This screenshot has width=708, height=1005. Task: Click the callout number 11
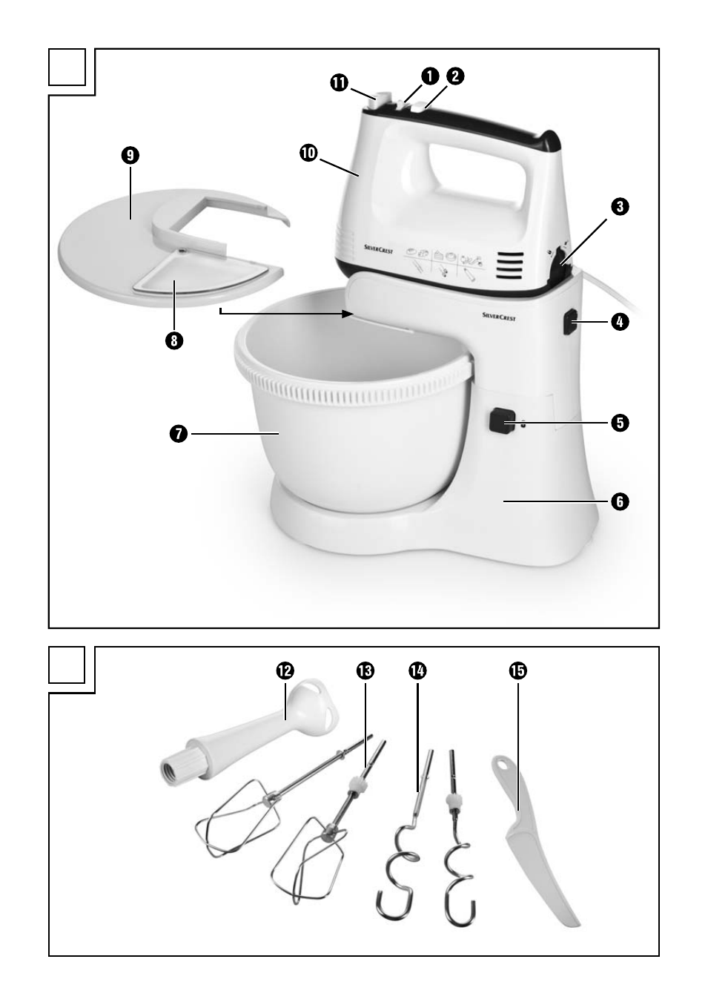[339, 83]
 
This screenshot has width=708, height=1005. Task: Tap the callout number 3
[620, 207]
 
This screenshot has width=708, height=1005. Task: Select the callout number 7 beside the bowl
[179, 434]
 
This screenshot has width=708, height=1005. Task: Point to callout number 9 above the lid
[130, 155]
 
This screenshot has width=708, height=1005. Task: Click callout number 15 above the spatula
[518, 670]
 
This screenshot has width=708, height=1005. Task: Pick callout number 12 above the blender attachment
[285, 670]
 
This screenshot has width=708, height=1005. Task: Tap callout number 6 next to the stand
[620, 501]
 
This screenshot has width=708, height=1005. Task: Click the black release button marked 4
[570, 322]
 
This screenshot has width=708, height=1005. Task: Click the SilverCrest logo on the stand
[499, 317]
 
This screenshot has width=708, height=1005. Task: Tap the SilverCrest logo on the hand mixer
[378, 249]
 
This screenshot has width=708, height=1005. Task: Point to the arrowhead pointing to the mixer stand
[348, 314]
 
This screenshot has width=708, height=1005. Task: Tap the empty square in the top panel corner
[67, 67]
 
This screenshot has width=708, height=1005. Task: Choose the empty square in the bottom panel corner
[67, 665]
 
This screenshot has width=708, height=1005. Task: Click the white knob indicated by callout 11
[381, 101]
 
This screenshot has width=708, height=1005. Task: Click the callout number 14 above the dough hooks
[417, 670]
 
